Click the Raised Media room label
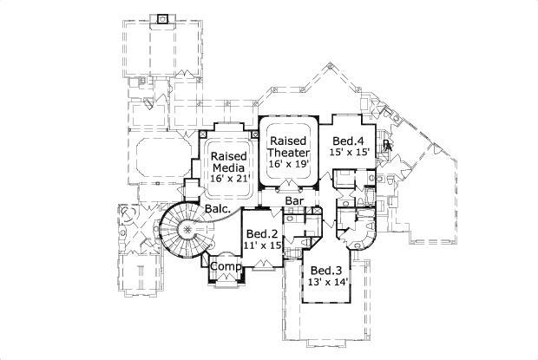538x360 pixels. click(x=230, y=162)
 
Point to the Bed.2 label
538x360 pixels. click(x=261, y=233)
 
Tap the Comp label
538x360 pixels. click(x=226, y=265)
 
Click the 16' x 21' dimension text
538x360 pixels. click(x=230, y=179)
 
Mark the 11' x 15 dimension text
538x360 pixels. click(x=261, y=246)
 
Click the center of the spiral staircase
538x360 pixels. click(x=186, y=230)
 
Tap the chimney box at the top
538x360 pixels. click(x=161, y=18)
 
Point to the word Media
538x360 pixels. click(x=230, y=168)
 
